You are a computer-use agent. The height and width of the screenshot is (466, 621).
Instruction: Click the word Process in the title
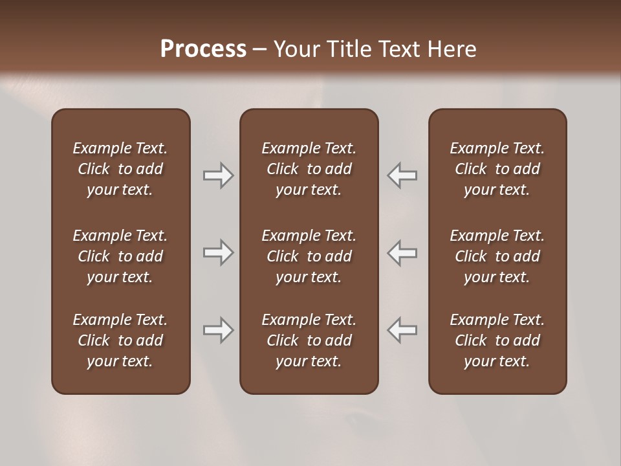point(203,49)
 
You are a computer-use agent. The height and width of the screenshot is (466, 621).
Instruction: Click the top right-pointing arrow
point(218,175)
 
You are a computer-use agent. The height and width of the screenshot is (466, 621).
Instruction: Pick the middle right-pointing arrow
point(218,252)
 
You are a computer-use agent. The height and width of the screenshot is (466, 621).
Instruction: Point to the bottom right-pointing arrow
point(218,330)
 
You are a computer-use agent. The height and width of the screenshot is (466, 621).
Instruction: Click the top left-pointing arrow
point(402,175)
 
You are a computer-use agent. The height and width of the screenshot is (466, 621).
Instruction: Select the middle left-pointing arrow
point(402,252)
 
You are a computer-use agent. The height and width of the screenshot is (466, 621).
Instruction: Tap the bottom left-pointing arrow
point(402,330)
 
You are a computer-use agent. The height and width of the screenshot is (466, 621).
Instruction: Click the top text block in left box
point(120,169)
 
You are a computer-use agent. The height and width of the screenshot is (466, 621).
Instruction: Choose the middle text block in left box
point(120,256)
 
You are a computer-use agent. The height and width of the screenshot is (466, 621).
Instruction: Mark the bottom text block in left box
point(120,340)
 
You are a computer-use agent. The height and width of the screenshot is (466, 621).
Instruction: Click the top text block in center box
point(309,169)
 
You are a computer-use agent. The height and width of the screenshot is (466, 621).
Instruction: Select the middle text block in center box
point(309,256)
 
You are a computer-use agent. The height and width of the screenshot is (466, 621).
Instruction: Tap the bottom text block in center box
point(309,340)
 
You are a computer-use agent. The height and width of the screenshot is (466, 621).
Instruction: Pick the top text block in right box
point(497,169)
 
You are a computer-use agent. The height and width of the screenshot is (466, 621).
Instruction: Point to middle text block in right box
point(497,256)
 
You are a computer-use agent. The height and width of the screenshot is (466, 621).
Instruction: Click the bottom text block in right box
point(497,340)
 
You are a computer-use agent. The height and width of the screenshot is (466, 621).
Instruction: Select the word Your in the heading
point(295,49)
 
